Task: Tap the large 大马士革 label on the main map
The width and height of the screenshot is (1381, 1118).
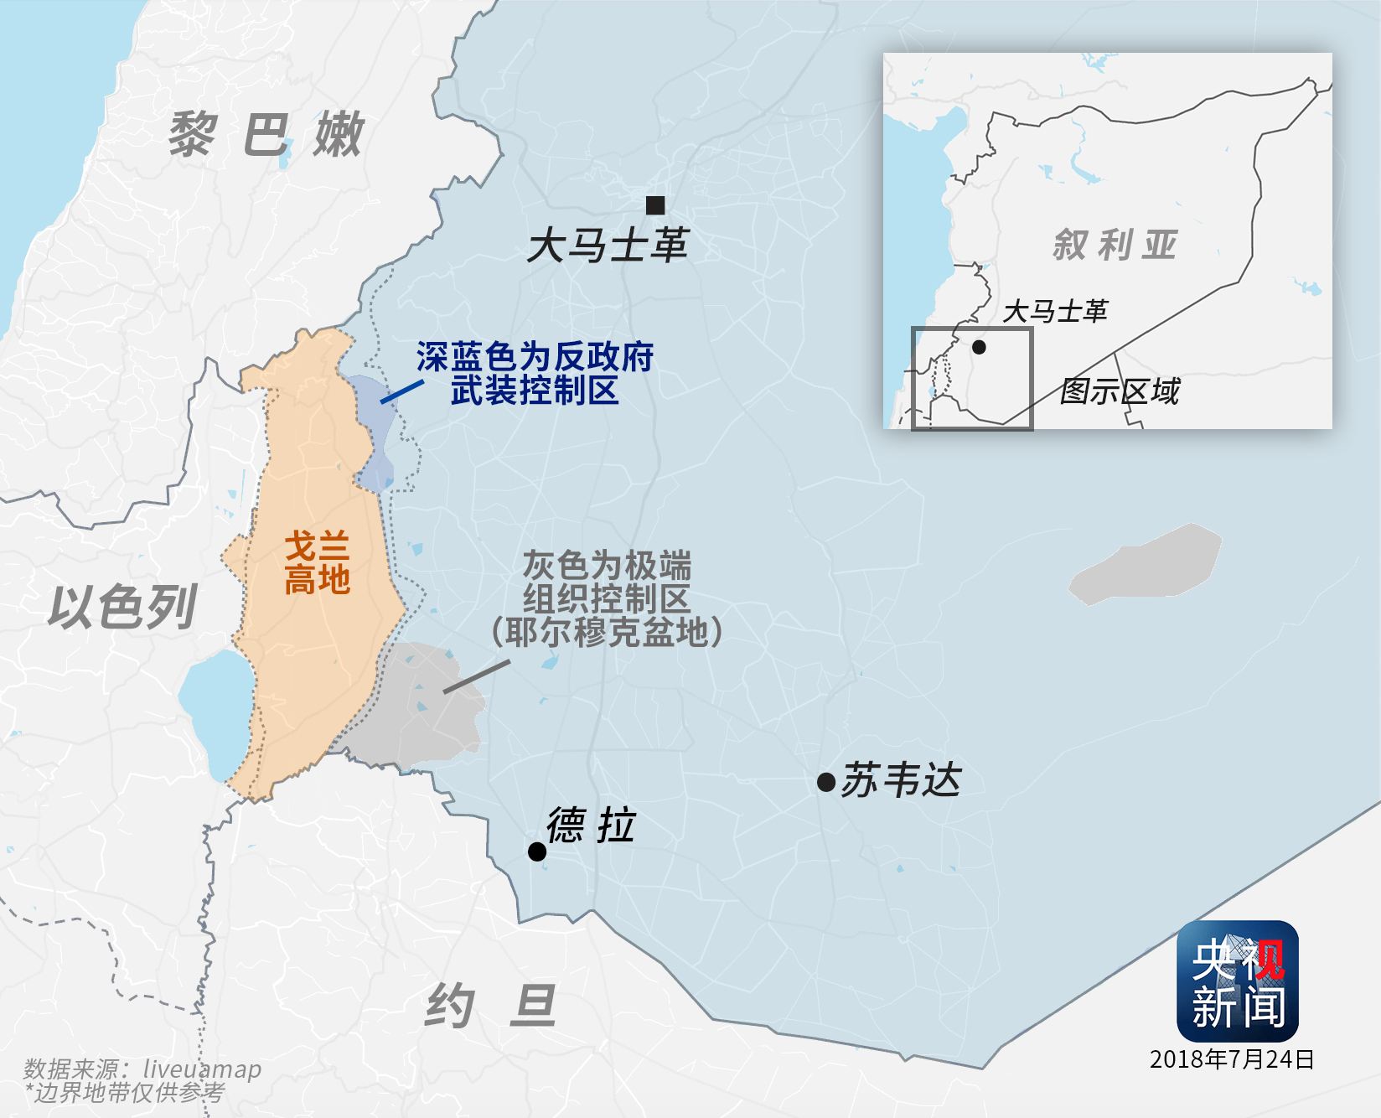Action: tap(607, 246)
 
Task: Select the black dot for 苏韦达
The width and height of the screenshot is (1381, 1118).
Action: tap(825, 783)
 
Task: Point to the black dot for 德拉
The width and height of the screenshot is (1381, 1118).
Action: tap(537, 851)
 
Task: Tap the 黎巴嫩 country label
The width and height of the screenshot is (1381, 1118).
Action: tap(266, 134)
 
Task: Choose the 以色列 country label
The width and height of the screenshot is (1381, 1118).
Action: tap(122, 607)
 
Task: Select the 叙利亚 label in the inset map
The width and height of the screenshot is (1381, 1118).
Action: tap(1115, 245)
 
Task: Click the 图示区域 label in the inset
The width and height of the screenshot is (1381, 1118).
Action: tap(1120, 391)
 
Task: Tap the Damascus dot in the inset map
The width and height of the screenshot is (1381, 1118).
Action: tap(979, 346)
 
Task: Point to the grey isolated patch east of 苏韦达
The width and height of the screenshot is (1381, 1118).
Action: tap(1146, 563)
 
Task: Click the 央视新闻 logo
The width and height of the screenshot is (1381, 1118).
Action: tap(1237, 981)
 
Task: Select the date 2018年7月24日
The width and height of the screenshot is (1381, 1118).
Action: tap(1232, 1059)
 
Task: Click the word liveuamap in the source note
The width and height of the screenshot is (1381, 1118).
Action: tap(202, 1069)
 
